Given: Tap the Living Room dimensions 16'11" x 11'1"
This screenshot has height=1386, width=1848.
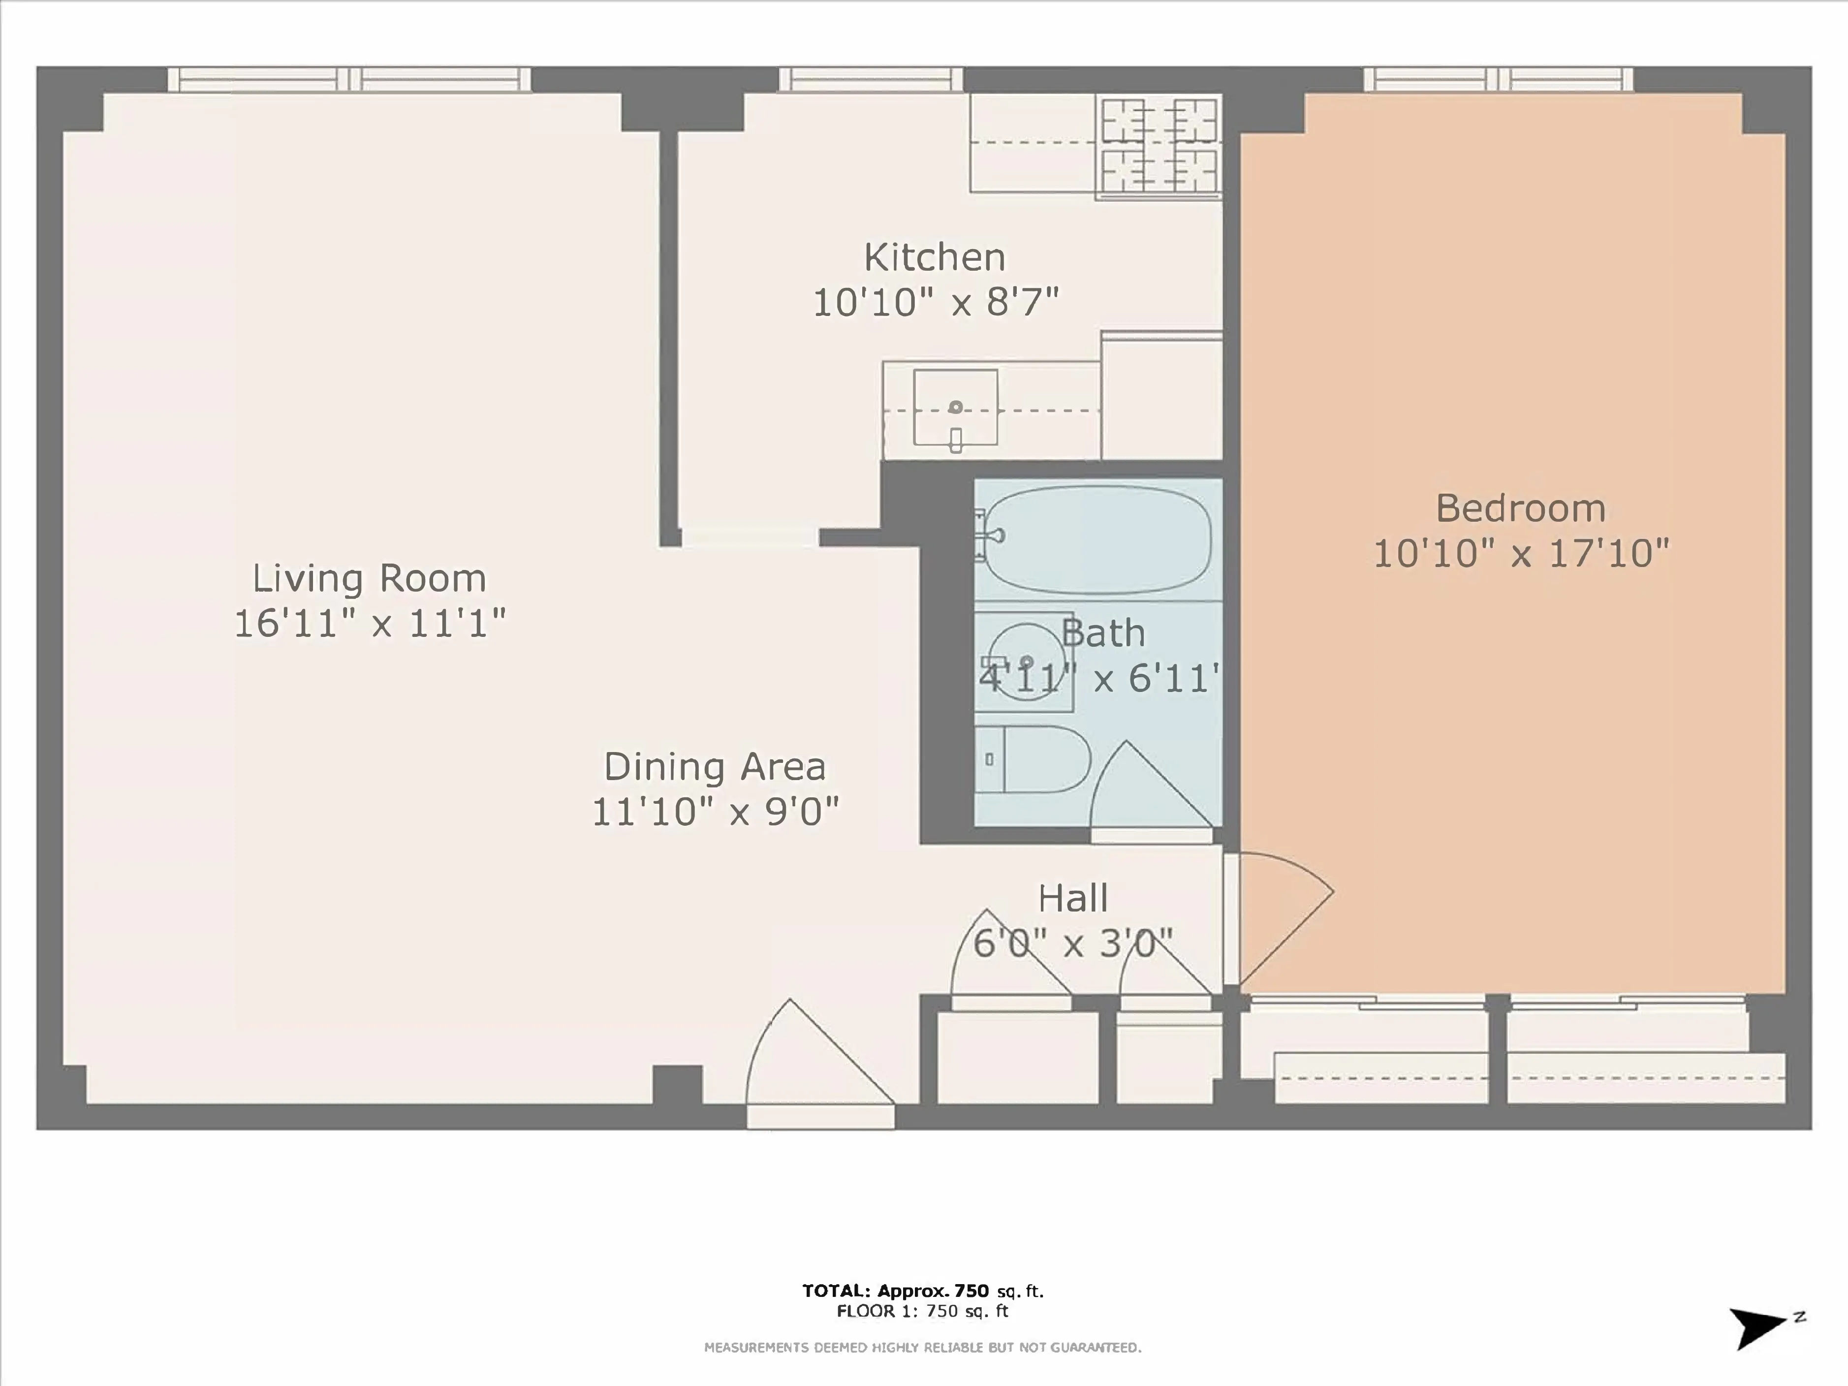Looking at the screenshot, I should click(x=369, y=623).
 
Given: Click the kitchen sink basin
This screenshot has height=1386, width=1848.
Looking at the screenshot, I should click(x=955, y=408).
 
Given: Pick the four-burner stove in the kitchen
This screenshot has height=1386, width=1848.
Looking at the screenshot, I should click(x=1159, y=146).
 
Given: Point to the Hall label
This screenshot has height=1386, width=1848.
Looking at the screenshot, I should click(x=1073, y=899).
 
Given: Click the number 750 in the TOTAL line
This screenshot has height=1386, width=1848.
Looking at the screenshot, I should click(x=971, y=1291).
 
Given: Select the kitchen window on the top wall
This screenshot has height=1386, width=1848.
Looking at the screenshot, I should click(x=871, y=79).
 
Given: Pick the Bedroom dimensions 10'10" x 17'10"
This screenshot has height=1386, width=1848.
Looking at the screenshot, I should click(x=1521, y=554).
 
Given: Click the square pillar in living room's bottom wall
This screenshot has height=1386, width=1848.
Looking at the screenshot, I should click(x=677, y=1084).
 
